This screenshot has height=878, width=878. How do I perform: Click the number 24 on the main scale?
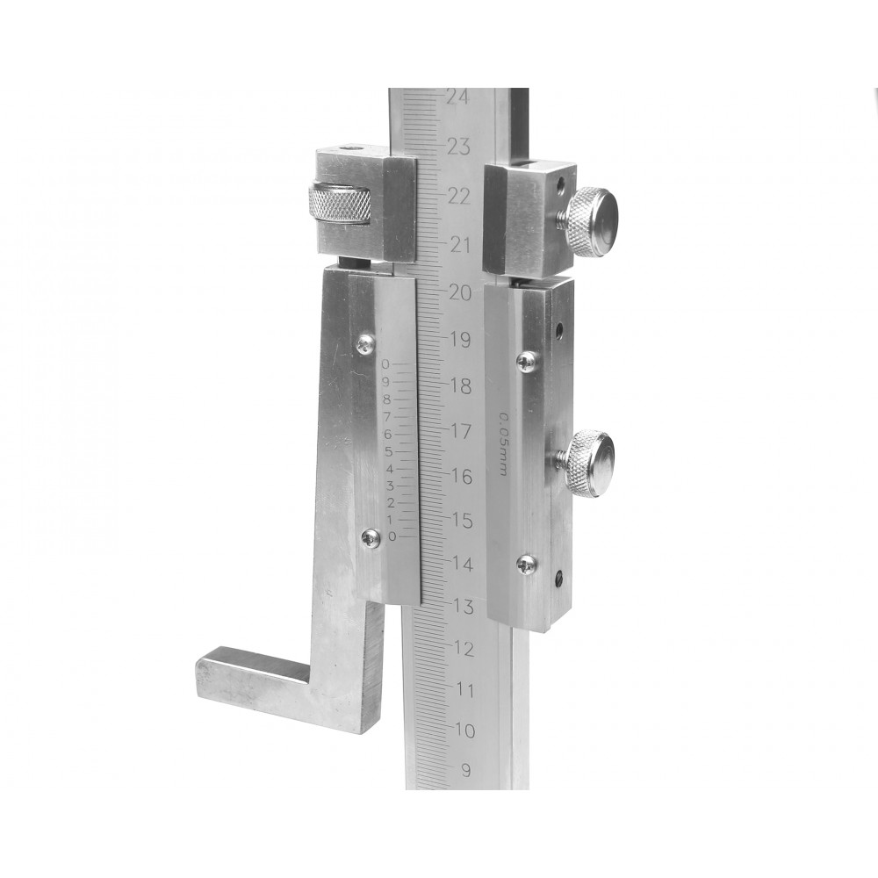pos(458,97)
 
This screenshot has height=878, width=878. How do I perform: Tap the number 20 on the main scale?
pos(459,292)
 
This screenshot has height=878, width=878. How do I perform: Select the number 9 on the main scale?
pos(466,771)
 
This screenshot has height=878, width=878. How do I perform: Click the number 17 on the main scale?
pos(461,431)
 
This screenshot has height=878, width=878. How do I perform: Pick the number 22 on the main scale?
pos(458,197)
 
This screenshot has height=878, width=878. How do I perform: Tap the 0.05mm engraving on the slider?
pos(502,444)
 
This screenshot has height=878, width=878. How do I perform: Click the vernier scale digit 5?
pos(388,452)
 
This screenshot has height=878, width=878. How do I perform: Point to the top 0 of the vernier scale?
pos(385,364)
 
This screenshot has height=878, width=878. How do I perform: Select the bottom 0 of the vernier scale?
pos(392,537)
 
